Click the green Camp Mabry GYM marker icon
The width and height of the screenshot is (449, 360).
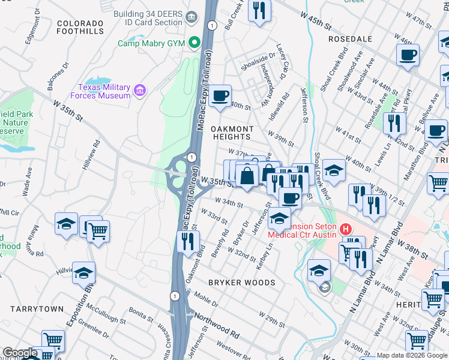click(194, 43)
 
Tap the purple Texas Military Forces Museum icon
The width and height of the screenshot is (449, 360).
click(140, 91)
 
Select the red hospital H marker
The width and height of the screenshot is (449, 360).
click(345, 229)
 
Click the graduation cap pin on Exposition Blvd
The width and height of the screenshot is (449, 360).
click(84, 272)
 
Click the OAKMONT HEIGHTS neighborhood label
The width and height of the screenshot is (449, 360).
click(232, 133)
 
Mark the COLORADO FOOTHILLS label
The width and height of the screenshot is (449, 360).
click(80, 27)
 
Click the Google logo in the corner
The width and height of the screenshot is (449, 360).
click(20, 353)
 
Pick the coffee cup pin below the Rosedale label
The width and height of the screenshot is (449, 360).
click(408, 55)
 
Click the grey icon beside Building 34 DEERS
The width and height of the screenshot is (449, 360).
click(192, 17)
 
